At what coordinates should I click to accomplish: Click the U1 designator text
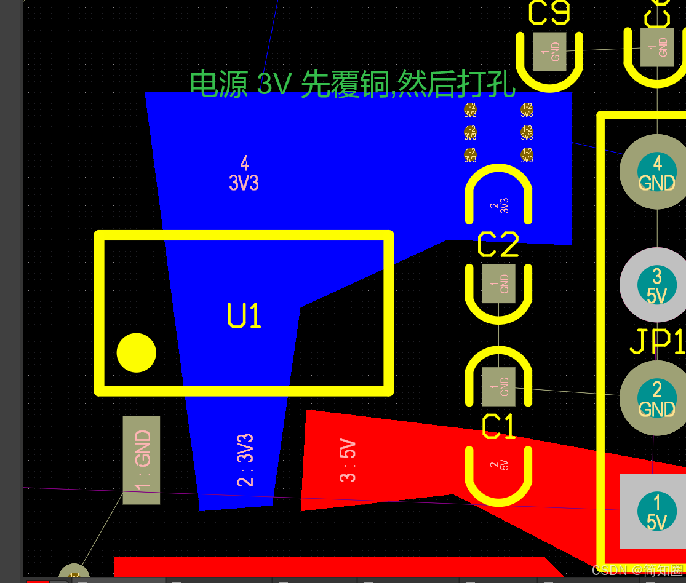tap(244, 316)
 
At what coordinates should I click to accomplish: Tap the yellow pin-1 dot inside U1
tap(136, 353)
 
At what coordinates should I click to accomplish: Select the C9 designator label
tap(549, 13)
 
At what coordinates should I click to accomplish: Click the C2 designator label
tap(498, 245)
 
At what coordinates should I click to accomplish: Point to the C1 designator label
tap(498, 427)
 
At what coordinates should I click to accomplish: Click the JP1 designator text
tap(657, 342)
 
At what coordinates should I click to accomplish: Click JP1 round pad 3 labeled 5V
tap(656, 285)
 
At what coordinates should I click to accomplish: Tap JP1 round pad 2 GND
tap(656, 399)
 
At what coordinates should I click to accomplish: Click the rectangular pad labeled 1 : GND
tap(142, 460)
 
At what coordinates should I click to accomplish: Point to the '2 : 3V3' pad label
tap(245, 461)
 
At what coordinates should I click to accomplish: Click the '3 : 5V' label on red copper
tap(348, 461)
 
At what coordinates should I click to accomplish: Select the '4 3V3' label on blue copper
tap(244, 173)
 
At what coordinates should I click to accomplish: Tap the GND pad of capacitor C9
tap(549, 52)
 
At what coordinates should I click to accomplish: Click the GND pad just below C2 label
tap(498, 284)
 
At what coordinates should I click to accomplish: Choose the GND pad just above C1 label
tap(498, 387)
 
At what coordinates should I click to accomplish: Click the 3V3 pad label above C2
tap(499, 205)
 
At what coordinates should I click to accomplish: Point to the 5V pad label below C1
tap(499, 466)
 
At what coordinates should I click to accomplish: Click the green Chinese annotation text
tap(352, 84)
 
